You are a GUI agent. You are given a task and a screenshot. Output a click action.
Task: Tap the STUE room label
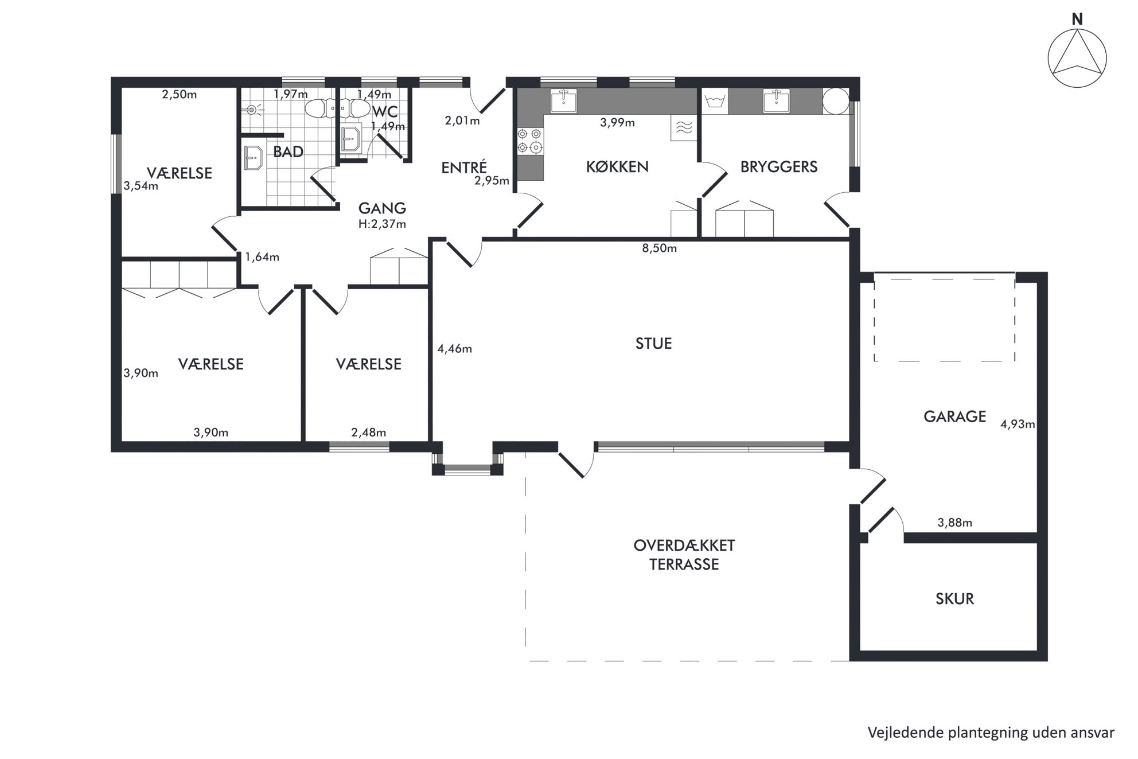(653, 343)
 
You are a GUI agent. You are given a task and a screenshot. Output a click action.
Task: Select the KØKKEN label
(617, 166)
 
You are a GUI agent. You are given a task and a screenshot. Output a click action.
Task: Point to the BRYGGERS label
(778, 166)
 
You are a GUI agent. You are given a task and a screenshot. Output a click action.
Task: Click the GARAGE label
(954, 416)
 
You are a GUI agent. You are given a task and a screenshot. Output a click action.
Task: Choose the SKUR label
(954, 598)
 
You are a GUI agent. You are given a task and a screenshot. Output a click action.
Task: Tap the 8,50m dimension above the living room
(659, 248)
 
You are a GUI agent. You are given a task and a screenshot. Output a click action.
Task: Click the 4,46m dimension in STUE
(454, 348)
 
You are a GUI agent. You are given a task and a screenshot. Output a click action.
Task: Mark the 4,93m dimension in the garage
(1018, 424)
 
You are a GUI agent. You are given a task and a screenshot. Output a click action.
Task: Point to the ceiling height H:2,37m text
(382, 224)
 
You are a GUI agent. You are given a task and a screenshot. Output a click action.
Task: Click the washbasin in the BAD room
(252, 158)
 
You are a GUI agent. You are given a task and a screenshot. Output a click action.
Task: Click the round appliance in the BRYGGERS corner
(836, 102)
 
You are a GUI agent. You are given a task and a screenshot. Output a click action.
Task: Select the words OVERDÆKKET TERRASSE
(684, 554)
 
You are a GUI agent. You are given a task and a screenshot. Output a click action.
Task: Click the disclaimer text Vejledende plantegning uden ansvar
(991, 733)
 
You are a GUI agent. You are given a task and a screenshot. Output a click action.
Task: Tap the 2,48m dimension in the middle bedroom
(368, 432)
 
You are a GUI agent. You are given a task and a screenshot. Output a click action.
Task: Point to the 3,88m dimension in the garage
(954, 522)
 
